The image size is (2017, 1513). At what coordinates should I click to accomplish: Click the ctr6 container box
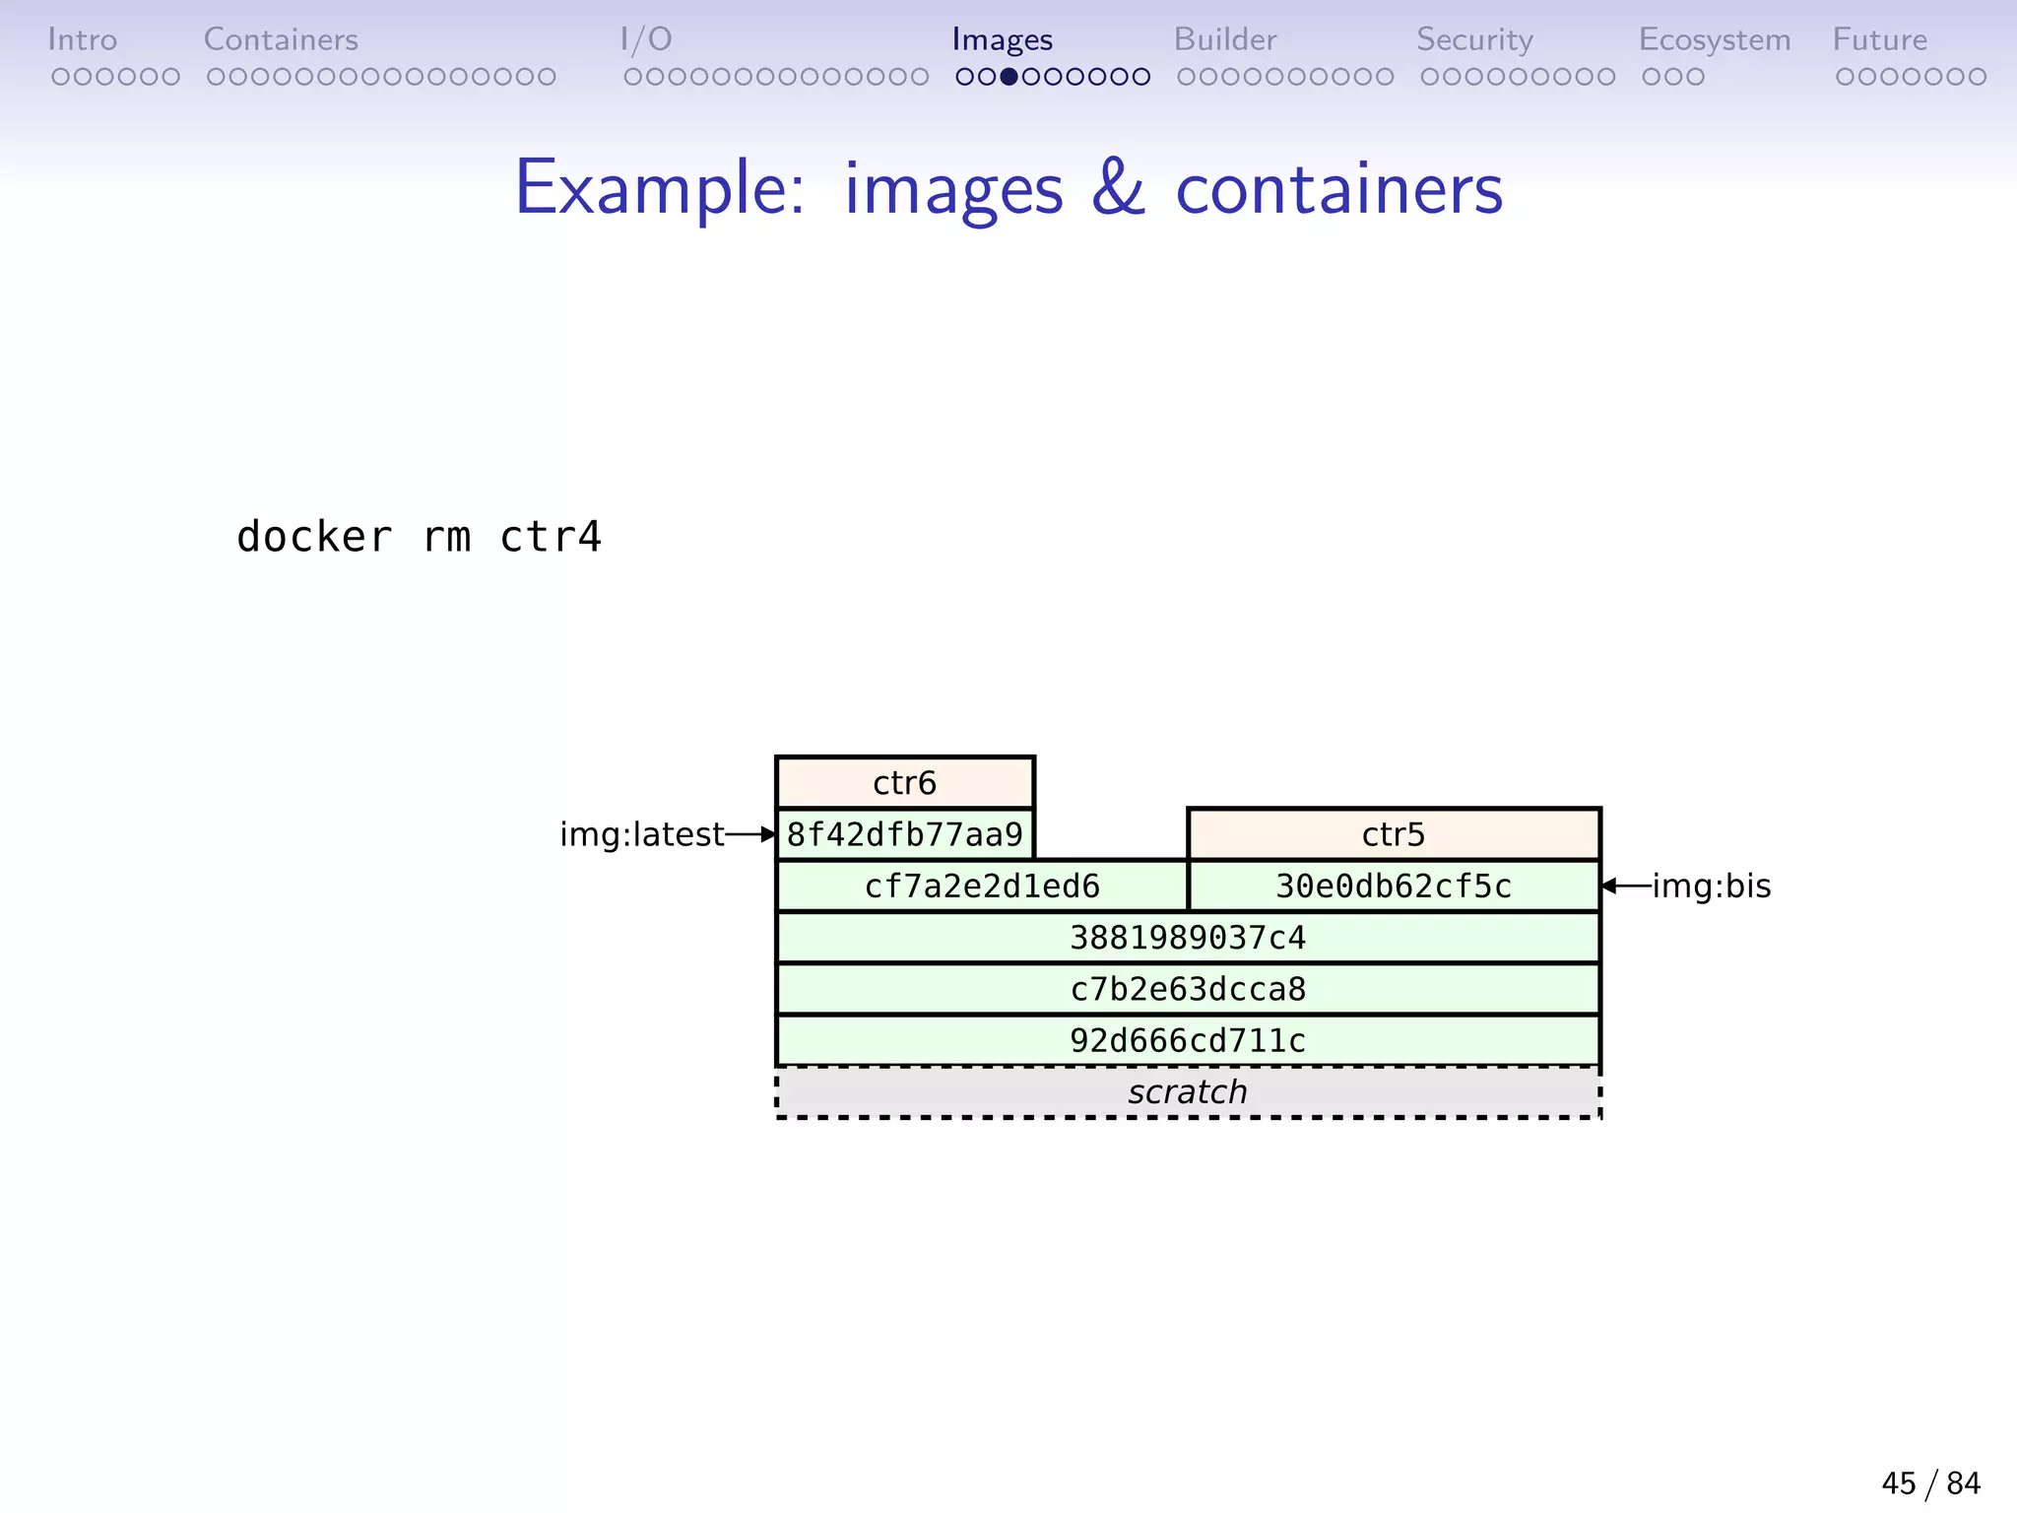[904, 783]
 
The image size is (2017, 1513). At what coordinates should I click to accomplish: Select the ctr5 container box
[1393, 834]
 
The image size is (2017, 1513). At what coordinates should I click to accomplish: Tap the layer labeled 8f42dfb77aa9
[904, 834]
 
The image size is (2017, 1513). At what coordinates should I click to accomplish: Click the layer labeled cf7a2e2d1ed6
[981, 887]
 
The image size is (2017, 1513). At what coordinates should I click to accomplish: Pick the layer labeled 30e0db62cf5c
[1393, 887]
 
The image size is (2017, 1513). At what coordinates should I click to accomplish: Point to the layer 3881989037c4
[1187, 938]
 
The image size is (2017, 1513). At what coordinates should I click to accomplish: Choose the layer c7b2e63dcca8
[1187, 989]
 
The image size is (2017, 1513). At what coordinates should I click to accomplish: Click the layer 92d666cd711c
[1187, 1040]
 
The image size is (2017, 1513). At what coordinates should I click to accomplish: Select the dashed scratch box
[1187, 1092]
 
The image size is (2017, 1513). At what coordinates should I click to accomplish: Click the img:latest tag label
[641, 834]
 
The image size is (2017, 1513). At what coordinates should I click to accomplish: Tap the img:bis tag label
[1711, 887]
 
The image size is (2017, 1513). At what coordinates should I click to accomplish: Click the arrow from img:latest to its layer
[750, 834]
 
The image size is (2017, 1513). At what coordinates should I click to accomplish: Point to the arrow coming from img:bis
[1625, 887]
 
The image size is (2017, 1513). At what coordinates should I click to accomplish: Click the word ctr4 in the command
[551, 537]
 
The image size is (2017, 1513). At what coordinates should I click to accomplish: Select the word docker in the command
[314, 537]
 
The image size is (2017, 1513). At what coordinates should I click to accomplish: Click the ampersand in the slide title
[1118, 187]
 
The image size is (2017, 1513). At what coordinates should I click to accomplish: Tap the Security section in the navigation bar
[1474, 39]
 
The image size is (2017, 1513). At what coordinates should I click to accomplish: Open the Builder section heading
[1224, 39]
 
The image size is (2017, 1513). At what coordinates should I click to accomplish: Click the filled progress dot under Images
[1008, 77]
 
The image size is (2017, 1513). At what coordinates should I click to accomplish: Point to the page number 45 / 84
[1930, 1482]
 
